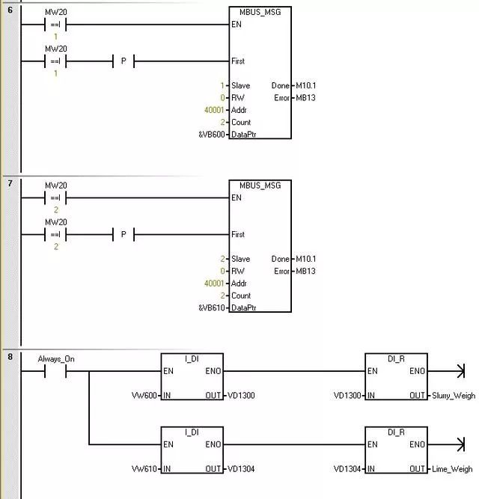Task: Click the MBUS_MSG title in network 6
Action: pyautogui.click(x=260, y=12)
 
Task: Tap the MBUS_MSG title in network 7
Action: pyautogui.click(x=260, y=186)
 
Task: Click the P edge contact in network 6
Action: pyautogui.click(x=123, y=61)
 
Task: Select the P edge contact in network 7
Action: pyautogui.click(x=123, y=235)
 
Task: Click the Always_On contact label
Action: pyautogui.click(x=56, y=359)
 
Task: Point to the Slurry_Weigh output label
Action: pyautogui.click(x=453, y=396)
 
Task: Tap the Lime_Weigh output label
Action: pyautogui.click(x=452, y=470)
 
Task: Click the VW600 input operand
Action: pyautogui.click(x=144, y=396)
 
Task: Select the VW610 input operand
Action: pyautogui.click(x=144, y=470)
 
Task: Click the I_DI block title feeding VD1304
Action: pyautogui.click(x=192, y=432)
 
